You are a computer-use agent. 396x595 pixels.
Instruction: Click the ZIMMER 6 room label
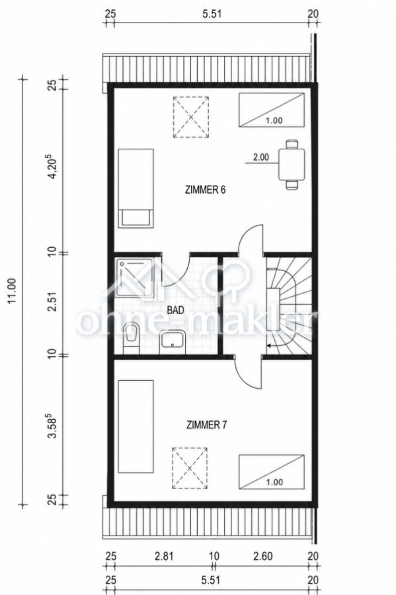(205, 189)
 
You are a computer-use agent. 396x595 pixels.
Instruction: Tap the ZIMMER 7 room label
(206, 424)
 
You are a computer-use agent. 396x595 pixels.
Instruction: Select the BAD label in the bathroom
(176, 310)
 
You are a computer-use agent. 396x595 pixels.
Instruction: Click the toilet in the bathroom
(132, 338)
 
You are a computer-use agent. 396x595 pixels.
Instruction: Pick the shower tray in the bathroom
(135, 278)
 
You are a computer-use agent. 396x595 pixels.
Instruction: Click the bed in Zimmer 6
(136, 188)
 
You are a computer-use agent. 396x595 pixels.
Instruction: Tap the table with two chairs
(292, 165)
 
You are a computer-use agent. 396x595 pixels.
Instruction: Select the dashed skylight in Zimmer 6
(191, 117)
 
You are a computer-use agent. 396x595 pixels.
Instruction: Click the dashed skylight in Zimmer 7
(190, 468)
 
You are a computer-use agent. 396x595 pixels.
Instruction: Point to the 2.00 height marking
(261, 157)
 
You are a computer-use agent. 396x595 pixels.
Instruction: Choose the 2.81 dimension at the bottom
(164, 556)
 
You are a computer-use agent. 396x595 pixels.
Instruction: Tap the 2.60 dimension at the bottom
(263, 556)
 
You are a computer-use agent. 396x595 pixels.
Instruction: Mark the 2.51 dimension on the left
(53, 301)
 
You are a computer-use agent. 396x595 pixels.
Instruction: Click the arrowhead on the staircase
(269, 346)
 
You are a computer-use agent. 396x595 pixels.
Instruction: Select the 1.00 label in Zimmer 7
(274, 483)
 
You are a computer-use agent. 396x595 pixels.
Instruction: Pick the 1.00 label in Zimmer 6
(274, 121)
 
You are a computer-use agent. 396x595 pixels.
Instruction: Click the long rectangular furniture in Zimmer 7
(136, 426)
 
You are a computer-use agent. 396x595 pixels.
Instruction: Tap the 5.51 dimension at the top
(212, 14)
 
